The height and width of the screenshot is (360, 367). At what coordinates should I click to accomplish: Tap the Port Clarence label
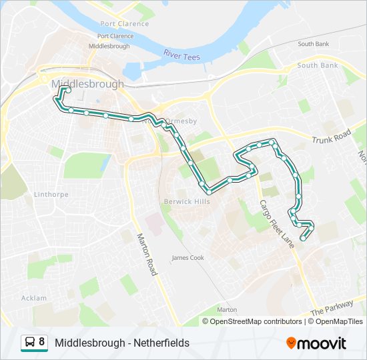[x=115, y=36]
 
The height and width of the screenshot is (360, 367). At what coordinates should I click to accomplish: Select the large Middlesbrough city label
[x=87, y=85]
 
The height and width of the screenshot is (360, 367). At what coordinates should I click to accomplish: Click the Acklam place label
[x=34, y=298]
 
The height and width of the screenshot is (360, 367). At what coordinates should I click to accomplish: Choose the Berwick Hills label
[x=187, y=201]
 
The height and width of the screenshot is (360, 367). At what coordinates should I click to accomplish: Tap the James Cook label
[x=188, y=257]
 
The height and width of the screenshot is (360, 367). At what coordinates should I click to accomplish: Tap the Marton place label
[x=227, y=310]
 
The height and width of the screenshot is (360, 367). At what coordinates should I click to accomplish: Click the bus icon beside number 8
[x=30, y=343]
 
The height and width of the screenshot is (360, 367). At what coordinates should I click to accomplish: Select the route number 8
[x=42, y=343]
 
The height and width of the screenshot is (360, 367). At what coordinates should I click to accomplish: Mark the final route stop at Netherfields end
[x=303, y=237]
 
